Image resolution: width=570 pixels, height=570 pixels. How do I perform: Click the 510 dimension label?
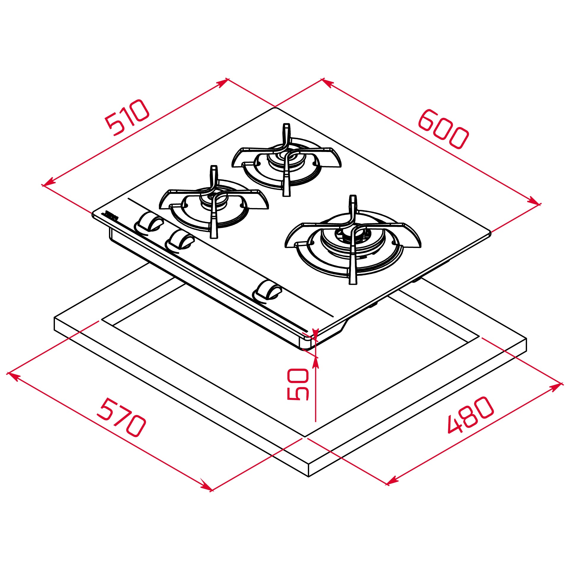(x=127, y=117)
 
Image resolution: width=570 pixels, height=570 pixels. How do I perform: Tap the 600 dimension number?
(x=443, y=129)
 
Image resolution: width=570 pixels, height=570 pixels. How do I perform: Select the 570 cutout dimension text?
(x=121, y=417)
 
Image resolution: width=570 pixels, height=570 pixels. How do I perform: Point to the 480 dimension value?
(x=471, y=415)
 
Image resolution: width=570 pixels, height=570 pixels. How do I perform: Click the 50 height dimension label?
(x=298, y=384)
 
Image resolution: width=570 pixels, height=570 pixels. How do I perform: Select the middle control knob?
(x=181, y=239)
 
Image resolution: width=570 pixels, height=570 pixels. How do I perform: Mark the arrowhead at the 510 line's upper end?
(x=223, y=83)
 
